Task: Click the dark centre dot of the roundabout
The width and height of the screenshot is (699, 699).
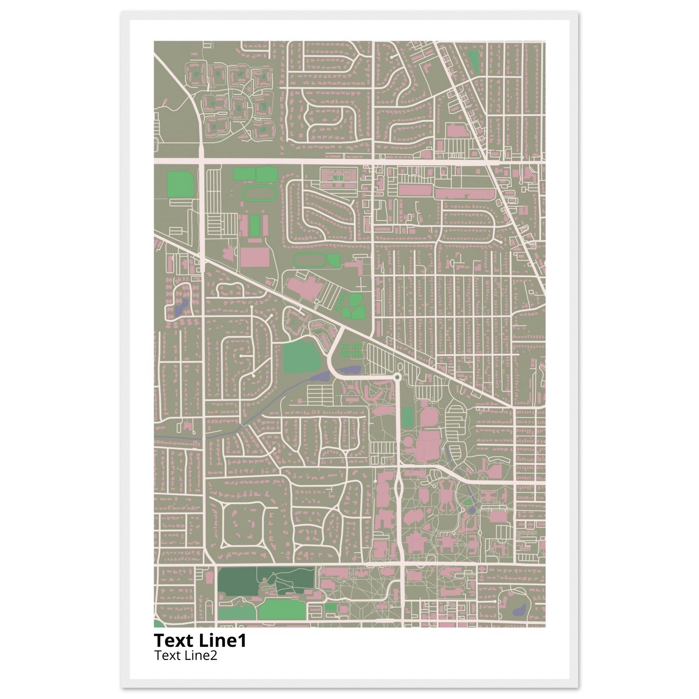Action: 397,377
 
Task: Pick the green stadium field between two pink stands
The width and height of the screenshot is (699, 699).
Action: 255,225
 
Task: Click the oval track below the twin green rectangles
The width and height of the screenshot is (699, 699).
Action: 259,193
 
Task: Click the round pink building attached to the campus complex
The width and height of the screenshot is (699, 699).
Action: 409,442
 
